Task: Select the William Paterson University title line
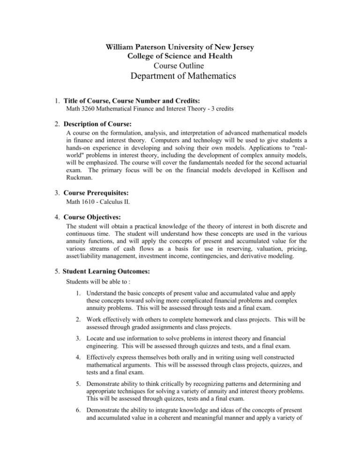point(180,47)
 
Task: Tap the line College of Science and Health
point(180,56)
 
